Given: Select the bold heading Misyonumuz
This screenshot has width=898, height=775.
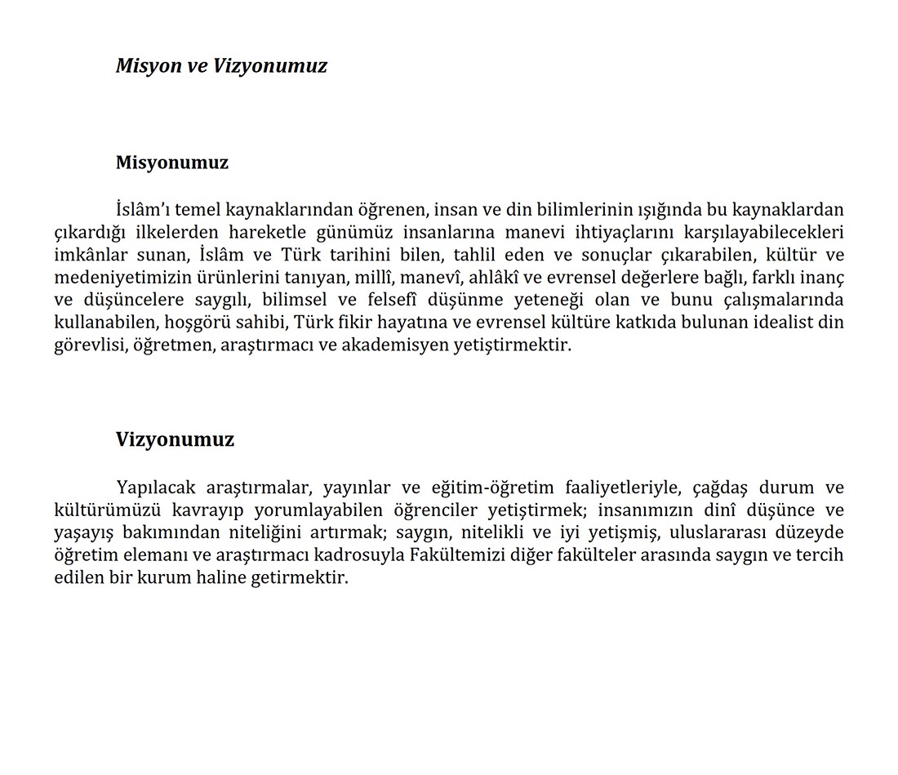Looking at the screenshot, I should (172, 163).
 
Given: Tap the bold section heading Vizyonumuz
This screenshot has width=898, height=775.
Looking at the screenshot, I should (175, 439).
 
